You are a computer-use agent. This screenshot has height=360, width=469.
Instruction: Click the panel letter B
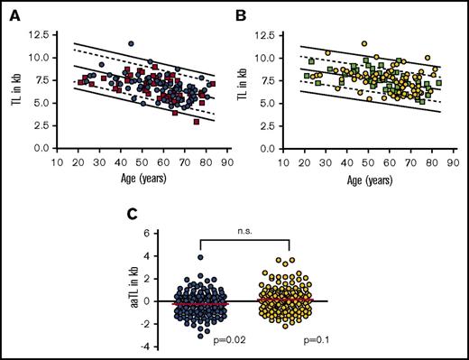pyautogui.click(x=244, y=12)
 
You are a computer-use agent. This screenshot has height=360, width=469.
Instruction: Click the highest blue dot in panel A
pyautogui.click(x=131, y=42)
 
